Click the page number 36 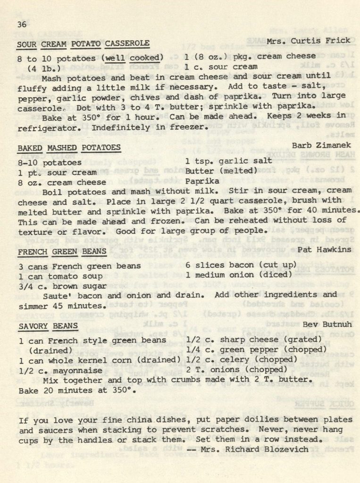coord(22,25)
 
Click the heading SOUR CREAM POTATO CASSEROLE coord(83,44)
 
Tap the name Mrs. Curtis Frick coord(309,41)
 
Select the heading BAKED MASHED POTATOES coord(69,148)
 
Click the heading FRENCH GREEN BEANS coord(62,252)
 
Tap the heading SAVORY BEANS coord(48,326)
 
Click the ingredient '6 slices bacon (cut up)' coord(241,265)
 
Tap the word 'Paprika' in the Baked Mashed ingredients coord(202,181)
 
